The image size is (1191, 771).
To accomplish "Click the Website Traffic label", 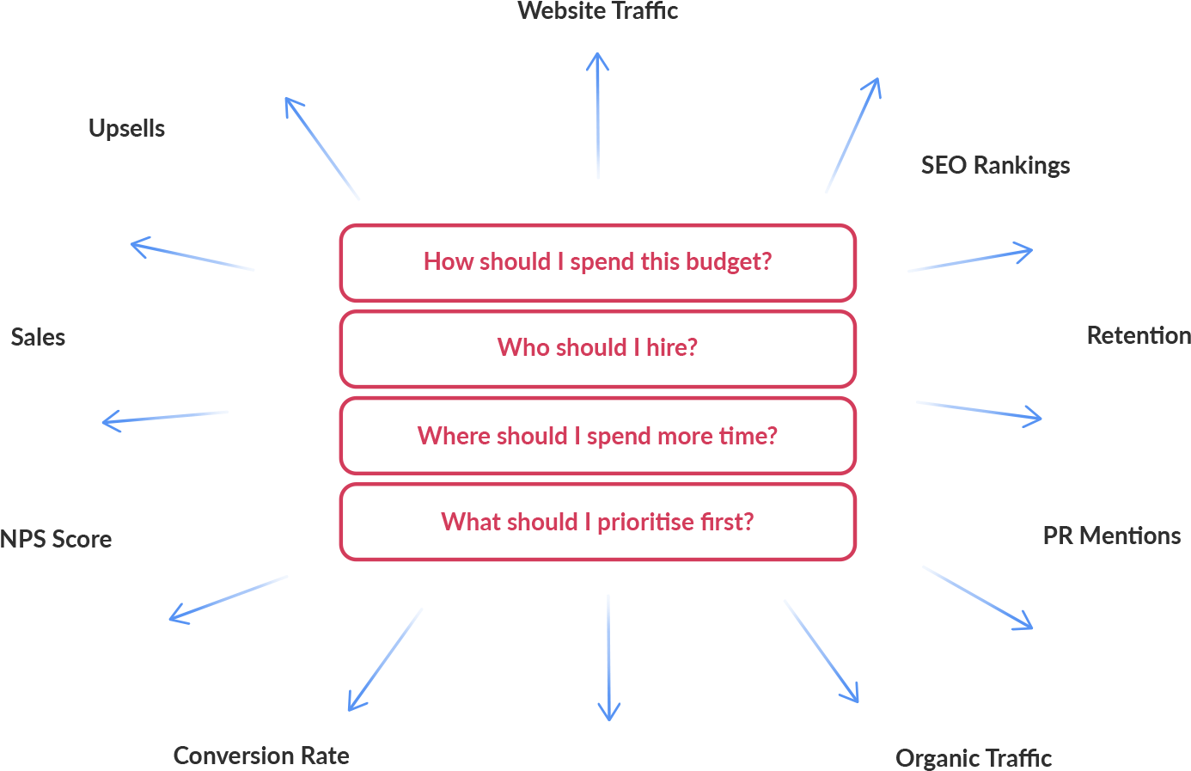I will click(x=597, y=11).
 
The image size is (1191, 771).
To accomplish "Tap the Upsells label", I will click(x=126, y=129).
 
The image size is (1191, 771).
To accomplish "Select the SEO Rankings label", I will click(x=995, y=165).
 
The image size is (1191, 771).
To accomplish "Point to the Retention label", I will click(x=1138, y=335).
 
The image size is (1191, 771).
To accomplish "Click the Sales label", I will click(x=38, y=337).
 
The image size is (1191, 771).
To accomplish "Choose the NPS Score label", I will click(x=56, y=539).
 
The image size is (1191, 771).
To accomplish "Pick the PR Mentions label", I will click(x=1111, y=535).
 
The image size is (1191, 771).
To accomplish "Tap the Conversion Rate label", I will click(x=261, y=756).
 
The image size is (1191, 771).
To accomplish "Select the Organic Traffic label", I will click(x=974, y=758).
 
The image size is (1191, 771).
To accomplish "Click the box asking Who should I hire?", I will click(x=597, y=348).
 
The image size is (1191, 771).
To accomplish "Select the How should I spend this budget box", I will click(x=597, y=262).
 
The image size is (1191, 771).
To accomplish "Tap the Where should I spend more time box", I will click(x=597, y=436).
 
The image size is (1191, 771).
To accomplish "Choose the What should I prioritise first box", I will click(x=597, y=522).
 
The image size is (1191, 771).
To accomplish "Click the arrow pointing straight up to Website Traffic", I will click(x=598, y=115).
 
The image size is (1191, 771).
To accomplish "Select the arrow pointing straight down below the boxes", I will click(x=608, y=657).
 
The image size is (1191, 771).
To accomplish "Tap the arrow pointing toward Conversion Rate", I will click(x=385, y=660).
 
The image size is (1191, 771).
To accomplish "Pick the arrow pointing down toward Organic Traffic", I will click(x=821, y=651).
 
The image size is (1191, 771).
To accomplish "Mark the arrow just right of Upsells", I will click(x=322, y=148).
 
